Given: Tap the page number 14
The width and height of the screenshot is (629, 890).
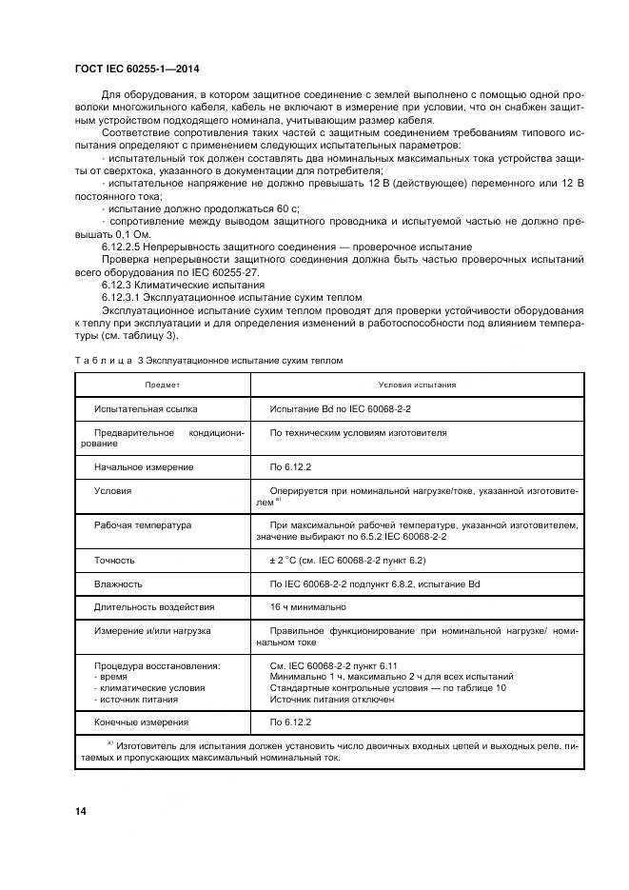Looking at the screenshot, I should coord(81,810).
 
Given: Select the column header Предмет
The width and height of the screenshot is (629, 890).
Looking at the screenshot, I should coord(162,385).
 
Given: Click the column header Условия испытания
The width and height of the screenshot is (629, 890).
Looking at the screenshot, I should coord(417,385).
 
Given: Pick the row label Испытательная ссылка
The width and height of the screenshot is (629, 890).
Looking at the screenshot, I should coord(146,408).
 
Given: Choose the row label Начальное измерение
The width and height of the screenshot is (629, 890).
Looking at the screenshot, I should coord(144,466).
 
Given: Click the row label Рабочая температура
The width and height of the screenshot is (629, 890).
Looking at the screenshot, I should coord(143,524).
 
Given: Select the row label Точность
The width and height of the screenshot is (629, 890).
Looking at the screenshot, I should coord(114,561).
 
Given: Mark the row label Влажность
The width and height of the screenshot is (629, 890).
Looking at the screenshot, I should coord(118,583).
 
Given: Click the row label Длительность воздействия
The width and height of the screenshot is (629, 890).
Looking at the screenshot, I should coord(154,606).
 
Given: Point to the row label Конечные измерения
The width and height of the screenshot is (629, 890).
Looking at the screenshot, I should coord(141,722).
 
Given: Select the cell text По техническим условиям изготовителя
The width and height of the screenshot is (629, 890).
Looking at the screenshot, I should coord(358,432).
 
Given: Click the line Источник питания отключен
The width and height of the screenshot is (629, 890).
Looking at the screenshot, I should coord(332,699).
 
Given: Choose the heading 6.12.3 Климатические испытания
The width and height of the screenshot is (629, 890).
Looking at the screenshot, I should coord(169,284).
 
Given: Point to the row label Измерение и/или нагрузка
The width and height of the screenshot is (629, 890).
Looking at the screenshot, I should coord(152,630).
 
